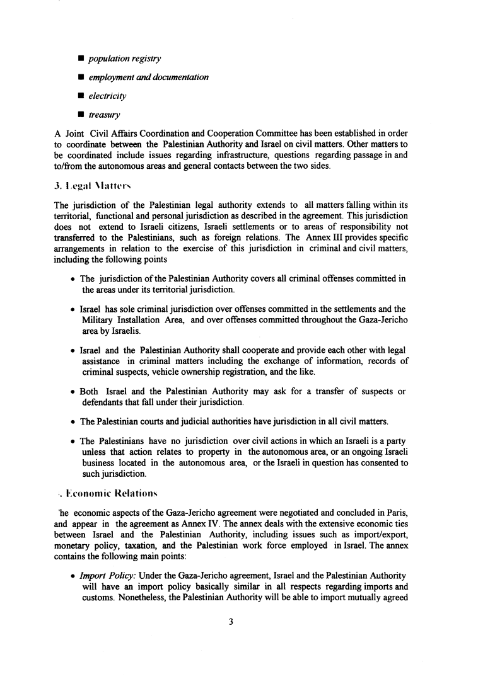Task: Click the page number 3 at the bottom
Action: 231,622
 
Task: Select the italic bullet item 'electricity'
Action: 107,96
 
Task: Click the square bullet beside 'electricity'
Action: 82,96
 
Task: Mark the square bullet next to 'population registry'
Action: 82,59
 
